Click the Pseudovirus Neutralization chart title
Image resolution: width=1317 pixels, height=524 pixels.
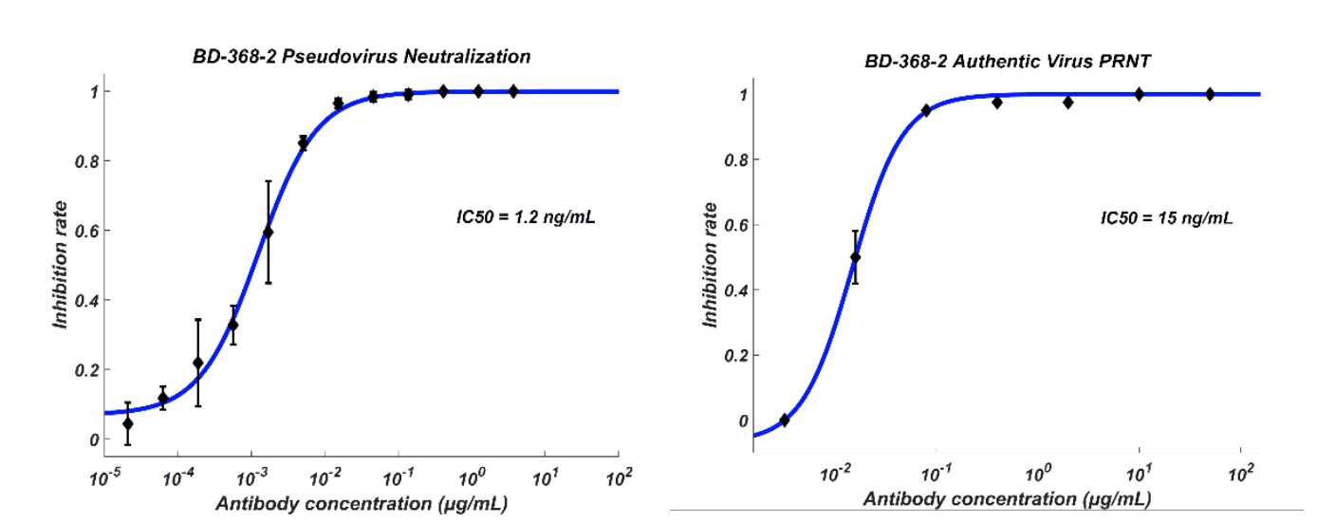(x=362, y=56)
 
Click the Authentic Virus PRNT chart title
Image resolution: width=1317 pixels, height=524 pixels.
(x=1007, y=61)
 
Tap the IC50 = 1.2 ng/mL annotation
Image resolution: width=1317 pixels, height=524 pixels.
(x=526, y=217)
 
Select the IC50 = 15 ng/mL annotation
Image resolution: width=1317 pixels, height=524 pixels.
(x=1166, y=218)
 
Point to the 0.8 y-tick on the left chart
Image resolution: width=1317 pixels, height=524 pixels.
(x=86, y=161)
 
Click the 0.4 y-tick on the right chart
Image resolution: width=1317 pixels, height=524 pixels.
(x=736, y=290)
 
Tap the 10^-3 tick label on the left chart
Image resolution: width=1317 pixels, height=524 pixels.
(x=252, y=477)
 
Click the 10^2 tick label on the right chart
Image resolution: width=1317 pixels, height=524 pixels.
(x=1241, y=473)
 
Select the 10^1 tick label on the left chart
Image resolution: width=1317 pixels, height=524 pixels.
(x=545, y=477)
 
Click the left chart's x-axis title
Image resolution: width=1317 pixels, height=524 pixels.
(x=362, y=504)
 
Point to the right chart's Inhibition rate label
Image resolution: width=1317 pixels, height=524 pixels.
(x=711, y=265)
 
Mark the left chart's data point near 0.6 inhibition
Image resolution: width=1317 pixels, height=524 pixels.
(x=269, y=233)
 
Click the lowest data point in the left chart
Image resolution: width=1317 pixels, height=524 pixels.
(x=127, y=424)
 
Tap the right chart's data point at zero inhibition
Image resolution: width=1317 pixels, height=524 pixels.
(x=785, y=420)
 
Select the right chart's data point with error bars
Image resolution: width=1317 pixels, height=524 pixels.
(x=856, y=257)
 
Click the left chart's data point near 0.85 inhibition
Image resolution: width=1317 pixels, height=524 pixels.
(x=303, y=143)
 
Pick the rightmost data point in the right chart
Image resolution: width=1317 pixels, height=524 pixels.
(x=1210, y=94)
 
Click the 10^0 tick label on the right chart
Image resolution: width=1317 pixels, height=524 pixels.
(x=1038, y=473)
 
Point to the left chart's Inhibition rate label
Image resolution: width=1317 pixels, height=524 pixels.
(x=60, y=265)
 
